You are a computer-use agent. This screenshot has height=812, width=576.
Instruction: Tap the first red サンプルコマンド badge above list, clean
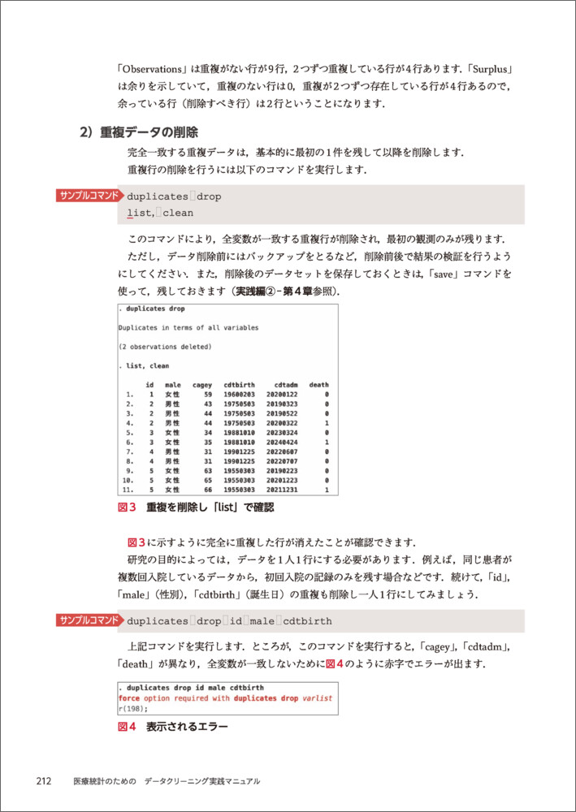(89, 196)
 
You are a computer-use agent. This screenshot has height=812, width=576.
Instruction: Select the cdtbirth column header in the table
(238, 384)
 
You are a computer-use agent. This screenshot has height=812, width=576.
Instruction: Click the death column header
(318, 384)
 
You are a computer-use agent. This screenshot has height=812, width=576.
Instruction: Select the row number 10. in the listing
(127, 480)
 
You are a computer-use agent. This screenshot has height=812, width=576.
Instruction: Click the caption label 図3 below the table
(128, 508)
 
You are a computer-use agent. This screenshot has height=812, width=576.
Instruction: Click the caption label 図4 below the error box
(128, 727)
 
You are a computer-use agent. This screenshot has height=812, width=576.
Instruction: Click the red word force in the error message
(128, 698)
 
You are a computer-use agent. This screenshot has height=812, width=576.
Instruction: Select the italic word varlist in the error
(316, 698)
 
